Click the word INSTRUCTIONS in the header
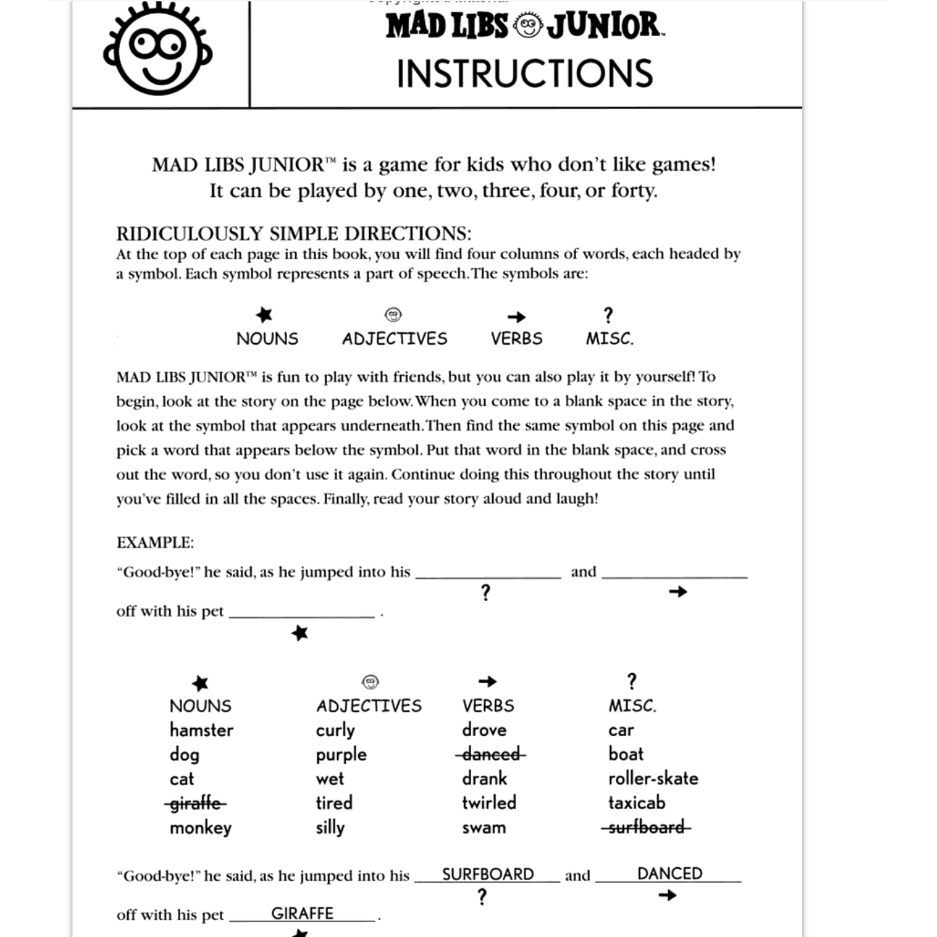pyautogui.click(x=525, y=74)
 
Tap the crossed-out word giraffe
pyautogui.click(x=196, y=804)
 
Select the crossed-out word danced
pyautogui.click(x=491, y=754)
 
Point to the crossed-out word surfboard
pyautogui.click(x=646, y=827)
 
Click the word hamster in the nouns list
pyautogui.click(x=201, y=731)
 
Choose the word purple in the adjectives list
pyautogui.click(x=341, y=755)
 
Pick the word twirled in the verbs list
pyautogui.click(x=489, y=803)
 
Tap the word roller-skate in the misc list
pyautogui.click(x=653, y=779)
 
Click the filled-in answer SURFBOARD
pyautogui.click(x=487, y=874)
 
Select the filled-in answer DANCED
pyautogui.click(x=670, y=873)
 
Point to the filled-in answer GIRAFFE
pyautogui.click(x=302, y=913)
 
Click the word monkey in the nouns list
pyautogui.click(x=200, y=828)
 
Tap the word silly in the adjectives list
pyautogui.click(x=330, y=828)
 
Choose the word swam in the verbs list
pyautogui.click(x=483, y=827)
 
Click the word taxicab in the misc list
pyautogui.click(x=636, y=803)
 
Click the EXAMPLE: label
pyautogui.click(x=155, y=543)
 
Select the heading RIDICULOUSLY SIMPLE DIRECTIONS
pyautogui.click(x=294, y=234)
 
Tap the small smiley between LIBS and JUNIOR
pyautogui.click(x=527, y=26)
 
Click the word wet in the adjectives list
pyautogui.click(x=330, y=779)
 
